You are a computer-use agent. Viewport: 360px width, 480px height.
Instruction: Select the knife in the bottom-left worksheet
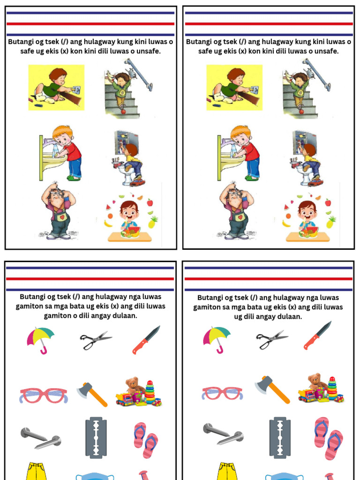pyautogui.click(x=146, y=339)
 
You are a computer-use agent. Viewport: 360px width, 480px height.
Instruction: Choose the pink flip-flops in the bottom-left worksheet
pyautogui.click(x=146, y=440)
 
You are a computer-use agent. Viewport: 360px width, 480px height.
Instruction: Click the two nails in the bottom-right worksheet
pyautogui.click(x=223, y=434)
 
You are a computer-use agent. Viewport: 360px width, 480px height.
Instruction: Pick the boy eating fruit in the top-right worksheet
pyautogui.click(x=307, y=218)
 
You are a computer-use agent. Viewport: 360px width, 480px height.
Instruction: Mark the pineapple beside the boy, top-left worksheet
pyautogui.click(x=153, y=222)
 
